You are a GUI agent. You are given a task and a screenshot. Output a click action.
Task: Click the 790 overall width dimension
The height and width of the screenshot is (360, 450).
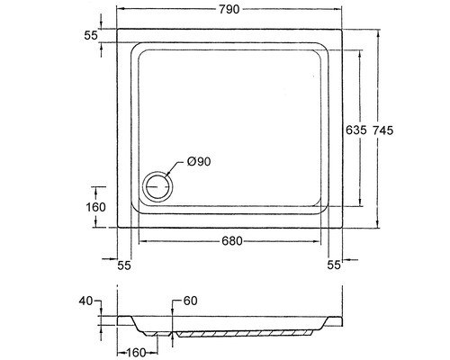pyautogui.click(x=229, y=9)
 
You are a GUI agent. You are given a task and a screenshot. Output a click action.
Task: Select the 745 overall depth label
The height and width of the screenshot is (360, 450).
pyautogui.click(x=382, y=130)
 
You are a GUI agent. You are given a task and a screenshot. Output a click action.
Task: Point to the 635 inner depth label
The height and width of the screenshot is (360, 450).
pyautogui.click(x=356, y=130)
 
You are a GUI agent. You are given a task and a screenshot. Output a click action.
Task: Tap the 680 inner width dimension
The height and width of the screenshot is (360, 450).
pyautogui.click(x=232, y=241)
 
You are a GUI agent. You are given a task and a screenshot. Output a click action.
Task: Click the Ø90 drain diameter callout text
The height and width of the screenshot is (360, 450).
pyautogui.click(x=199, y=162)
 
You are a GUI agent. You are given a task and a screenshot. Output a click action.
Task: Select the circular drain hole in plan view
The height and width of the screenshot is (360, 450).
pyautogui.click(x=157, y=186)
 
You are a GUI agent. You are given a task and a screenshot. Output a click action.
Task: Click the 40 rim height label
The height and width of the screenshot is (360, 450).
pyautogui.click(x=85, y=301)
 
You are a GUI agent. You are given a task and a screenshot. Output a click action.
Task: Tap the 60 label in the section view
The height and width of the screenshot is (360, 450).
pyautogui.click(x=190, y=301)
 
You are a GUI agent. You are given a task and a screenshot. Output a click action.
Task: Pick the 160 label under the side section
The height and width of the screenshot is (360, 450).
pyautogui.click(x=135, y=353)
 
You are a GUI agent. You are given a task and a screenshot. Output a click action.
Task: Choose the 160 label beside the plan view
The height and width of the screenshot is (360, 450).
pyautogui.click(x=95, y=207)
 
